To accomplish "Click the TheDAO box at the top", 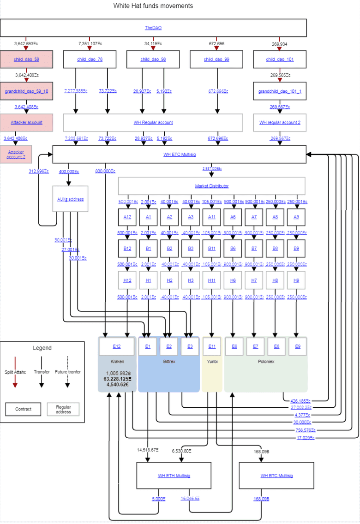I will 153,28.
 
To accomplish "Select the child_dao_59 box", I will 26,60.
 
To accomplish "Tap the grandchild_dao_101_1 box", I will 280,91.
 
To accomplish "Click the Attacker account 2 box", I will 16,154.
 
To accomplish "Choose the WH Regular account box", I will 153,123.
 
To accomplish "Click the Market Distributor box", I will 211,186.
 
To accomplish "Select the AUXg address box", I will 71,199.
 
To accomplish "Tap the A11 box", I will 211,217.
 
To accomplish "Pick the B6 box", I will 233,248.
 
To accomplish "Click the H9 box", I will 296,280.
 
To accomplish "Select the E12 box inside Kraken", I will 116,346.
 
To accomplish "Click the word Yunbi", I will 212,362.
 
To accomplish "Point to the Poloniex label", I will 265,362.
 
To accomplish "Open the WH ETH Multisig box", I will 174,476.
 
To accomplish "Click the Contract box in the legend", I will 24,409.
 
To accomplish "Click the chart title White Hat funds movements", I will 153,6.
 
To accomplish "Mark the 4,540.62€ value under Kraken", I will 117,384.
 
